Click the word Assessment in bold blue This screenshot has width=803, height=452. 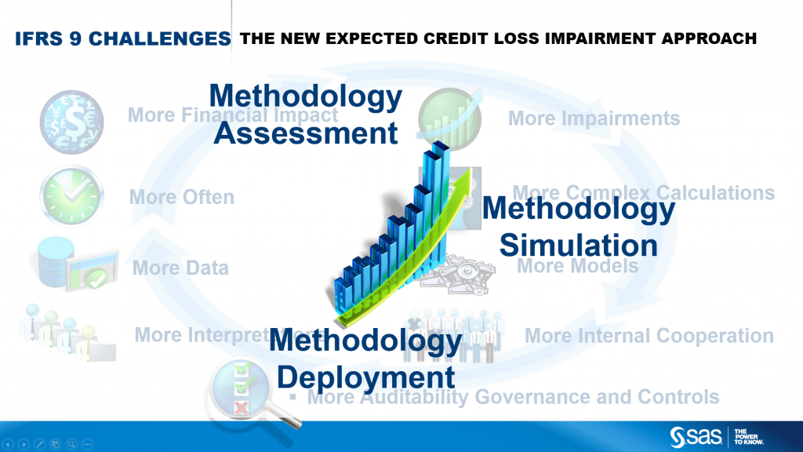[x=306, y=133]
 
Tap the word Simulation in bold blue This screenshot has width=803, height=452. [x=579, y=245]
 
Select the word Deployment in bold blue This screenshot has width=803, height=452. [x=366, y=377]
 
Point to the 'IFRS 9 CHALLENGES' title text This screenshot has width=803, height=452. [x=122, y=38]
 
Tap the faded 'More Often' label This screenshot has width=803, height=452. [x=181, y=197]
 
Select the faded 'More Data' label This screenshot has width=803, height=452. [x=180, y=268]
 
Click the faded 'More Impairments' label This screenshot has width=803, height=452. [x=594, y=118]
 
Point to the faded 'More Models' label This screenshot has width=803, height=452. [x=578, y=266]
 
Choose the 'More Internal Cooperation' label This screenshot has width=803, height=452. [x=649, y=336]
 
